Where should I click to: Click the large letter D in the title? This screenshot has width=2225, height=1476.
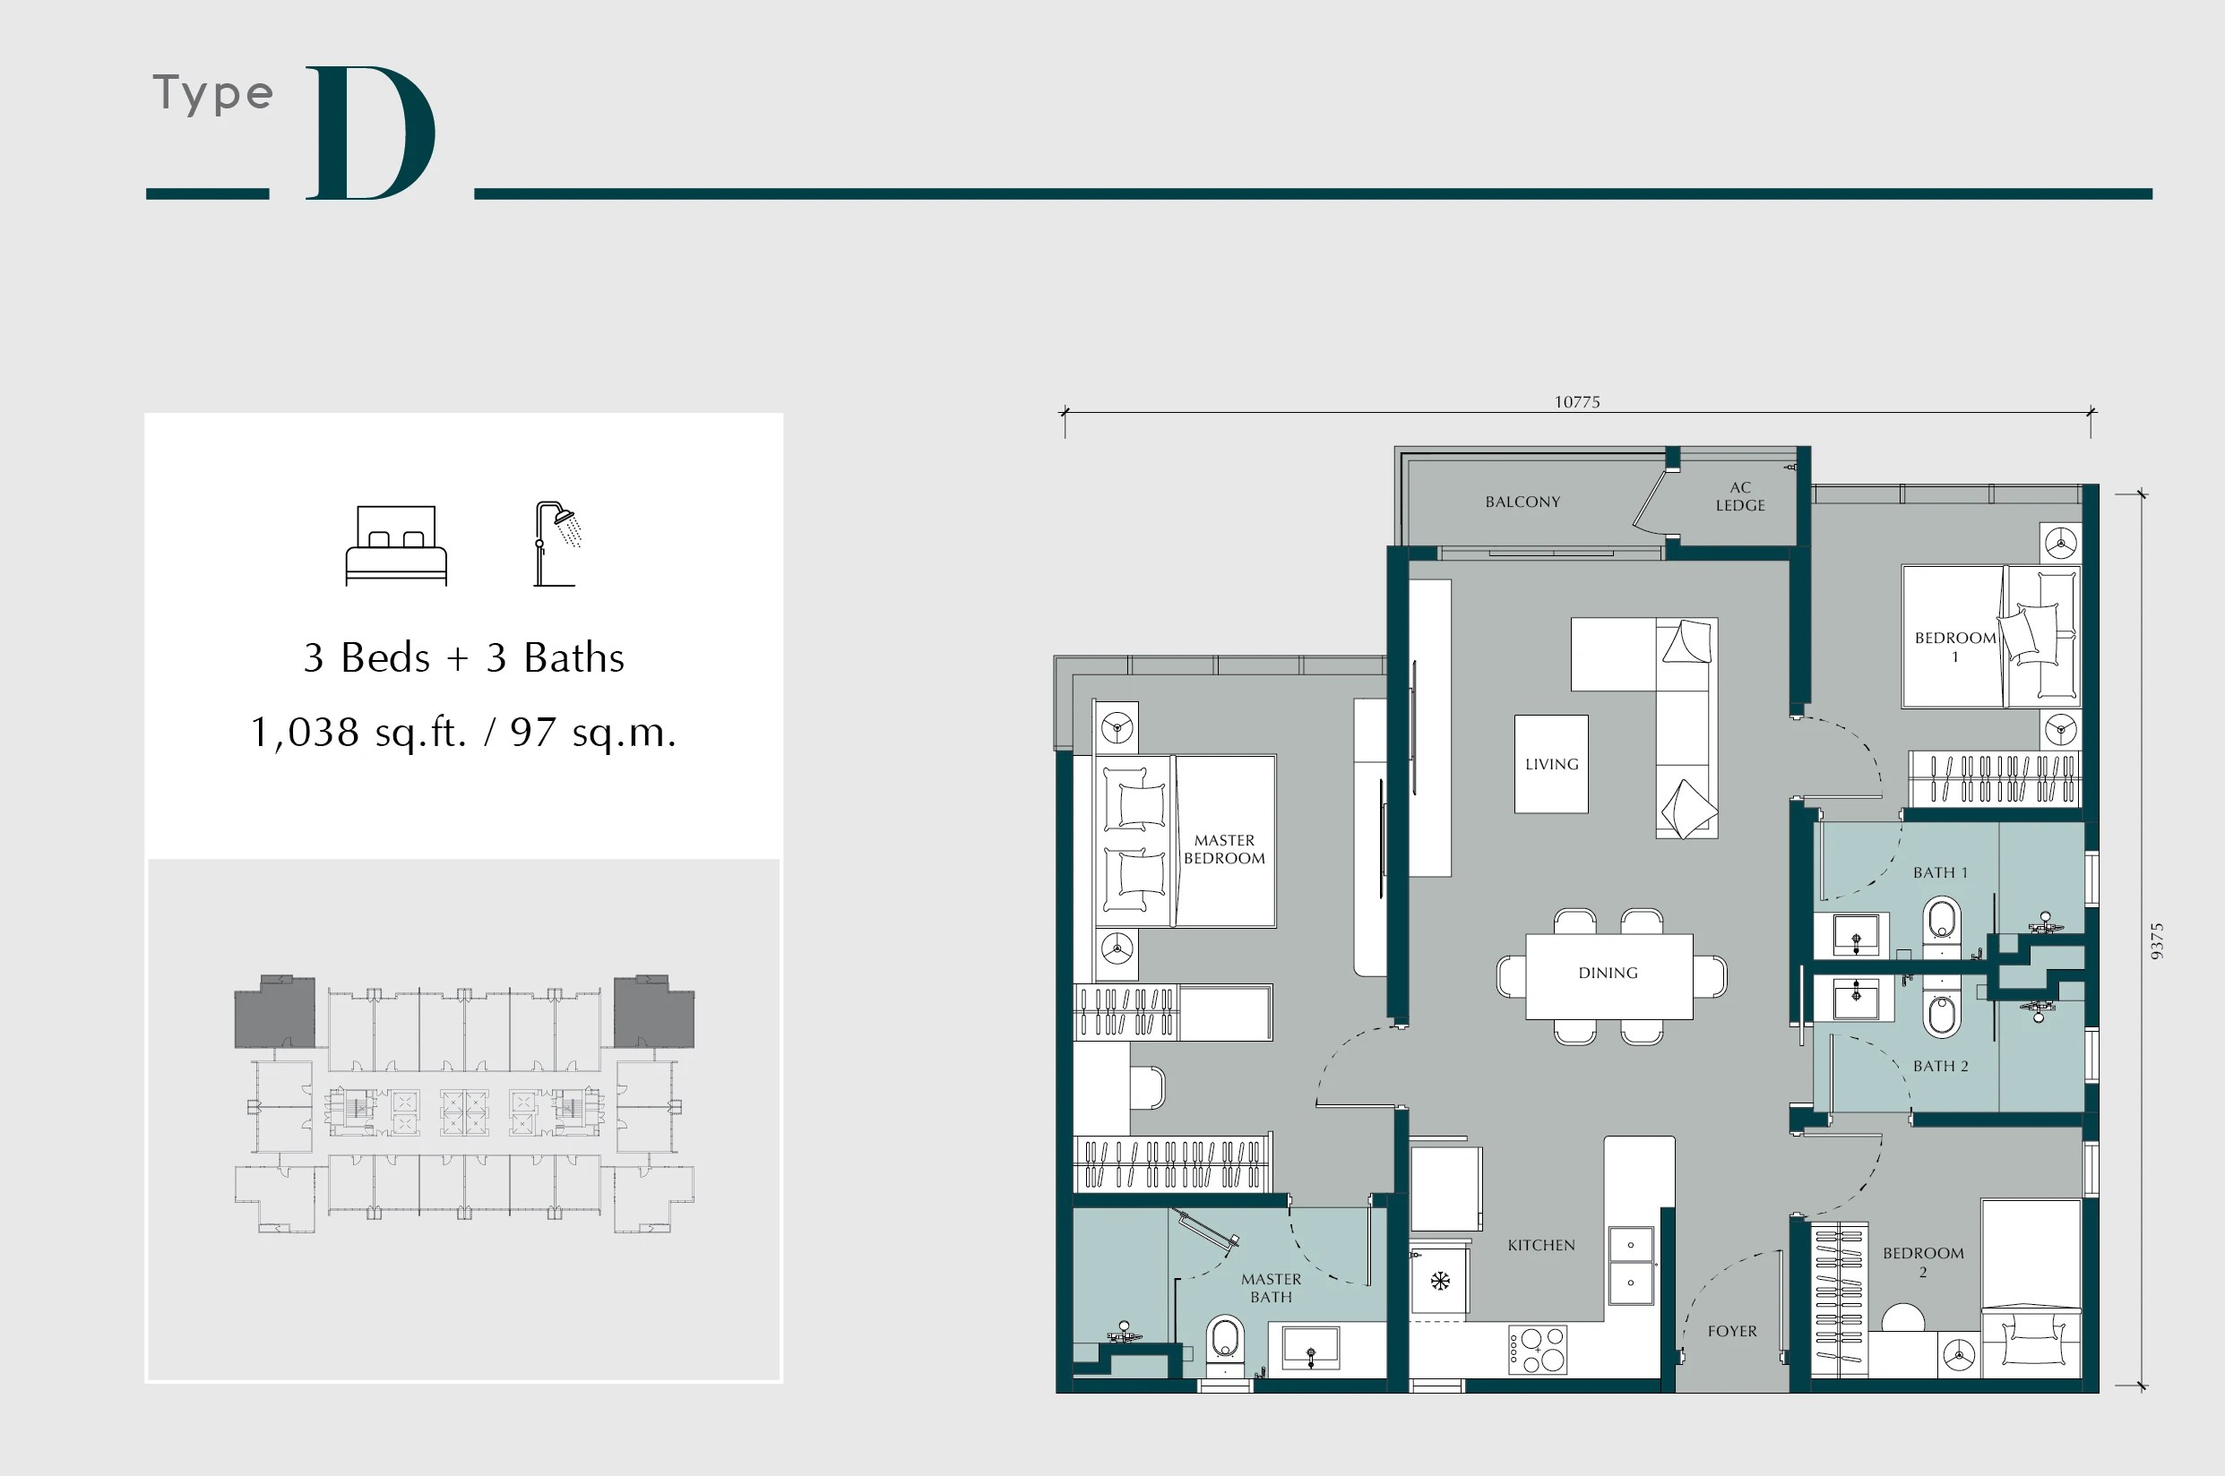[x=370, y=133]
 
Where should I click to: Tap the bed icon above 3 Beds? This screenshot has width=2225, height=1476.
[x=395, y=545]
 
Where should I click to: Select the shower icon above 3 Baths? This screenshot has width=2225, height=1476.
[x=557, y=543]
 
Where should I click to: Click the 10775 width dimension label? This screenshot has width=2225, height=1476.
[x=1576, y=402]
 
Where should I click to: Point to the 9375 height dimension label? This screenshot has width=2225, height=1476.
[x=2157, y=940]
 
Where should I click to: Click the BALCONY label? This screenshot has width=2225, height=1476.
[x=1522, y=502]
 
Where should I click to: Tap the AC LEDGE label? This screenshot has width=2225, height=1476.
[x=1740, y=496]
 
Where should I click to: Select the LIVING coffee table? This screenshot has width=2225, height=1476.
[x=1551, y=763]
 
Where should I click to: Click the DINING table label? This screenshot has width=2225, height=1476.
[x=1608, y=973]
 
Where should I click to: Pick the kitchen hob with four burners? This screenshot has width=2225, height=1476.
[x=1538, y=1350]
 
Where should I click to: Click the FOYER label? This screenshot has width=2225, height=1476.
[x=1731, y=1331]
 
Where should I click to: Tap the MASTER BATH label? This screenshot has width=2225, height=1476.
[x=1271, y=1288]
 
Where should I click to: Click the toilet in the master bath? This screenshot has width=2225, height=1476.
[x=1225, y=1341]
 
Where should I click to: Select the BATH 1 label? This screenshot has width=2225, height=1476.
[x=1940, y=872]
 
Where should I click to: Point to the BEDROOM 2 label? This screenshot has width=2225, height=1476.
[x=1923, y=1261]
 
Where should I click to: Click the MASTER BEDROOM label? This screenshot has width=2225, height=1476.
[x=1224, y=848]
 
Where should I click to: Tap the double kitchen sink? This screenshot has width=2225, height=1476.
[x=1631, y=1265]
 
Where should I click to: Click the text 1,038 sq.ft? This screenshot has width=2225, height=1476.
[x=358, y=733]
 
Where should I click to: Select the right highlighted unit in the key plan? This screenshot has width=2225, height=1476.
[x=653, y=1013]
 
